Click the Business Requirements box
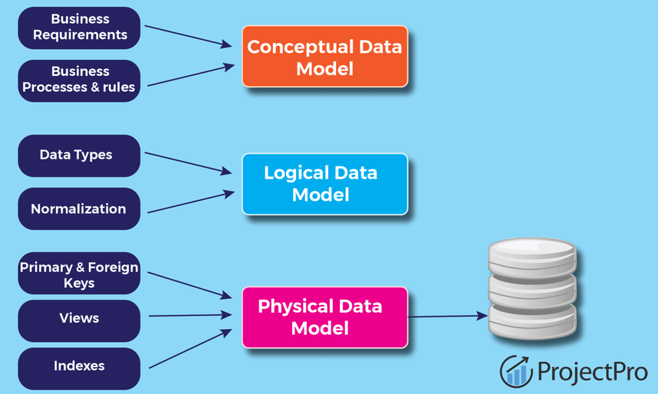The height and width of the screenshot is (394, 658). (78, 28)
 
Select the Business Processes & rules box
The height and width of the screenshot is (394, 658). (78, 80)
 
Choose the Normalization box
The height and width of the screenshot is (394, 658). (78, 208)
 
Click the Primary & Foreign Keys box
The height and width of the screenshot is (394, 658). (78, 274)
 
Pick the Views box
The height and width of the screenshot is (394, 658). (78, 318)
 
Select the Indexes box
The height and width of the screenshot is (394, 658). (78, 366)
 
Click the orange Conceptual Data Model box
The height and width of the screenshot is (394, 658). (324, 57)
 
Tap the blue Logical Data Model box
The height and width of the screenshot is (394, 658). (324, 184)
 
